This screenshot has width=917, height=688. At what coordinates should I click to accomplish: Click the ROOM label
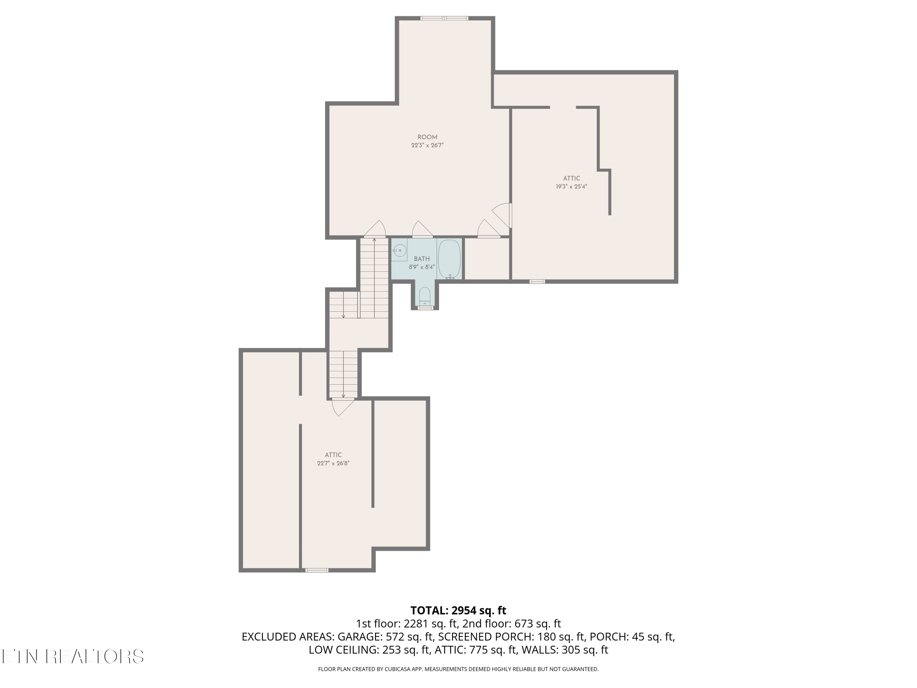[427, 137]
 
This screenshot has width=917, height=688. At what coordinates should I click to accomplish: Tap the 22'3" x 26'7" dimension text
[427, 146]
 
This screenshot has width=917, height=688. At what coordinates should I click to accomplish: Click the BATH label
[422, 259]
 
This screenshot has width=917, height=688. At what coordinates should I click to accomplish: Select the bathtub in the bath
[449, 259]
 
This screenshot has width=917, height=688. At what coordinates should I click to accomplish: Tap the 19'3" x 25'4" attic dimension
[571, 187]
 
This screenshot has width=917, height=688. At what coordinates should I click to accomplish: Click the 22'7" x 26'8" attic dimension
[333, 464]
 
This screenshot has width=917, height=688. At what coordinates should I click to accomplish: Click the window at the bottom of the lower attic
[317, 570]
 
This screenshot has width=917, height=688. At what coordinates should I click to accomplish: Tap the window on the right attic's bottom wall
[537, 282]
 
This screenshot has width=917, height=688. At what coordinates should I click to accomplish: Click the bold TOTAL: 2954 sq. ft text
[458, 610]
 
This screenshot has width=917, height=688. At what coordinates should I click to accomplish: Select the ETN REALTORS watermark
[73, 657]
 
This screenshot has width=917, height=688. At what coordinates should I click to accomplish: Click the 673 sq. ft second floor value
[538, 624]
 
